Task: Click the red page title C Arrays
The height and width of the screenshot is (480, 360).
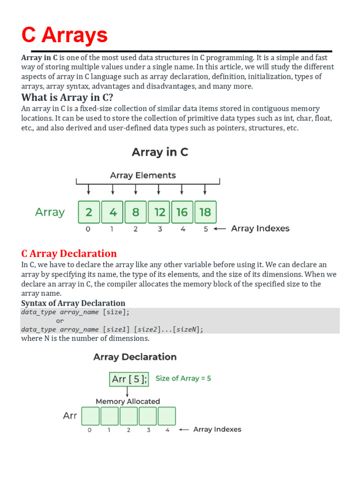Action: (x=65, y=35)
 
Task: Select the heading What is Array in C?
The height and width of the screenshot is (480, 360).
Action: (x=67, y=97)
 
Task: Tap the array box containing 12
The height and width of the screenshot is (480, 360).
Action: (x=159, y=212)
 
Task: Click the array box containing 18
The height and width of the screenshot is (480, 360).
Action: (x=205, y=212)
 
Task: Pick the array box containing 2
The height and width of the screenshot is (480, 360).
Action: (x=89, y=212)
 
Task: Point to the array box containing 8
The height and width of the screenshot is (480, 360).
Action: (x=135, y=212)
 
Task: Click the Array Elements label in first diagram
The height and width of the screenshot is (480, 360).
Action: (x=143, y=175)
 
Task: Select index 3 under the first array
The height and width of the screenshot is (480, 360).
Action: (x=160, y=229)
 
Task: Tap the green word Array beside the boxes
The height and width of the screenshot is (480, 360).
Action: (x=50, y=212)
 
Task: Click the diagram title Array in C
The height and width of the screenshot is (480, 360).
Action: (x=160, y=152)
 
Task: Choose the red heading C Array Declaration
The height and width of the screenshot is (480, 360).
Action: (x=69, y=254)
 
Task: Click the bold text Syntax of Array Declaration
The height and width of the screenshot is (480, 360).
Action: (x=73, y=303)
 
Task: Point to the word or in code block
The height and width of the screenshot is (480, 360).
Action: (x=60, y=321)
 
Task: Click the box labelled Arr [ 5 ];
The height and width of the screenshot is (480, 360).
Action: (x=129, y=379)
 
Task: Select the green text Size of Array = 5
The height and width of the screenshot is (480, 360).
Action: (x=183, y=378)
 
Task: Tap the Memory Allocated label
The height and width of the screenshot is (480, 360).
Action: (x=127, y=401)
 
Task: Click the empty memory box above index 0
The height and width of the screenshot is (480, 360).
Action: (x=90, y=416)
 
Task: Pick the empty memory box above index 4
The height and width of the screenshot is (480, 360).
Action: (x=167, y=416)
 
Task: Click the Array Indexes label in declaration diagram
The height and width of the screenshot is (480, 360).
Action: (x=217, y=429)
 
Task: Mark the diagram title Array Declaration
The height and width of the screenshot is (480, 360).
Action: (x=135, y=357)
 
